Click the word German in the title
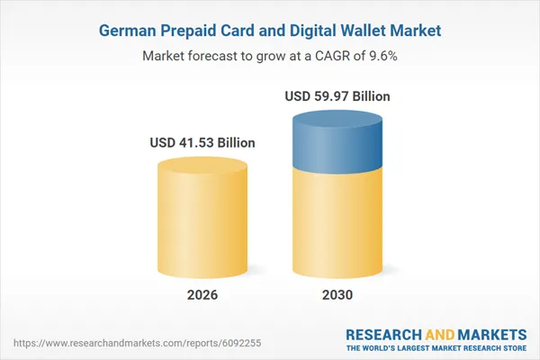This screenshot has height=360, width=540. click(x=126, y=31)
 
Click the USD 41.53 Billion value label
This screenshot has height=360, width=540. click(x=202, y=142)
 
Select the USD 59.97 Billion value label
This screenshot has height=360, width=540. click(x=338, y=96)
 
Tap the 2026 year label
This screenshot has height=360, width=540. click(x=202, y=295)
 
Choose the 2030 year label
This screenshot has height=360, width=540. click(x=338, y=295)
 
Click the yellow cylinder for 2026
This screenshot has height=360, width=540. click(x=202, y=216)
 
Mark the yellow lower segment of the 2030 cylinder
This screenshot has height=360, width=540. click(x=338, y=225)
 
